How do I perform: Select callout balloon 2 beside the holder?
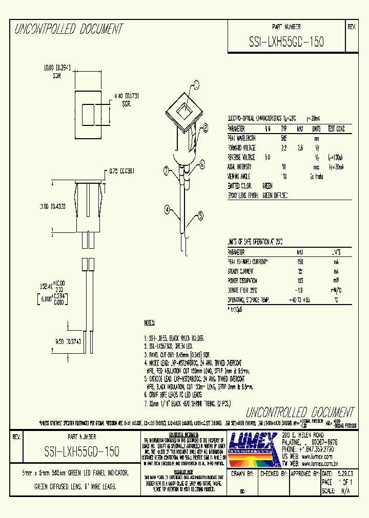206,128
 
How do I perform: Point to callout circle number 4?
167,208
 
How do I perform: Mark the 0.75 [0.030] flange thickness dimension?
121,171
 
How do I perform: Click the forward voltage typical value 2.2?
284,147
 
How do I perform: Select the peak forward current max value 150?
300,262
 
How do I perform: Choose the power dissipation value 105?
300,280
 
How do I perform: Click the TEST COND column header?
336,128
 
